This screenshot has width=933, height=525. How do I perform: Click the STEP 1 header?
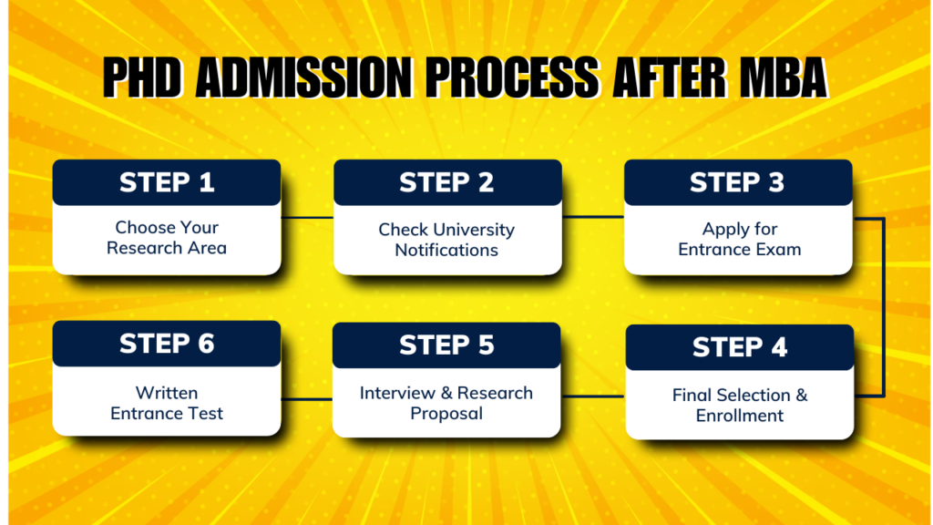167,182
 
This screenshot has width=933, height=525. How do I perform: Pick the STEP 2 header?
446,182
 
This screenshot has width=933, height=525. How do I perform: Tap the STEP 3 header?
737,182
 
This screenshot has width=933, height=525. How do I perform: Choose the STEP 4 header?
740,347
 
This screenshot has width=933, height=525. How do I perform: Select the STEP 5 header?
446,345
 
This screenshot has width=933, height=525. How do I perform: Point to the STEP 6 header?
167,344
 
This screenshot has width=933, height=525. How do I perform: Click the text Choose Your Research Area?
167,238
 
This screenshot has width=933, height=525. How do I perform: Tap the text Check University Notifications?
446,240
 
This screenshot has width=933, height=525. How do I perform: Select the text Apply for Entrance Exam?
739,239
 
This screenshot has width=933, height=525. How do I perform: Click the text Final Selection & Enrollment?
740,406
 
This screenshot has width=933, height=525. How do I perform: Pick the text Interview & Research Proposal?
446,403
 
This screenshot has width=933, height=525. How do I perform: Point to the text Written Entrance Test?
167,403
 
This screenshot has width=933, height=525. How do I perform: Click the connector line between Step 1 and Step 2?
307,218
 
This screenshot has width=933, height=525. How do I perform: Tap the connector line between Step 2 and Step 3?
592,217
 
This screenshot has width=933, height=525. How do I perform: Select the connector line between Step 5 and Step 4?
593,396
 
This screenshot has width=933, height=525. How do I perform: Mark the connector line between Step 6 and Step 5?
306,398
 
